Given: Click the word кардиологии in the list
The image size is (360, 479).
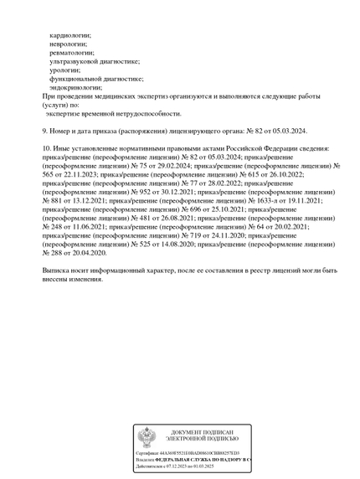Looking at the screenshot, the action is click(70, 35).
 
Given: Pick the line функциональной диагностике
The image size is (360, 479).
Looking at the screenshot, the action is click(96, 79).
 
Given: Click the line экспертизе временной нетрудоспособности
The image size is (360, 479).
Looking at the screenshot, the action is click(113, 113).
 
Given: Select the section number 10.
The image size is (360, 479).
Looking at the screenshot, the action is click(46, 148).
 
